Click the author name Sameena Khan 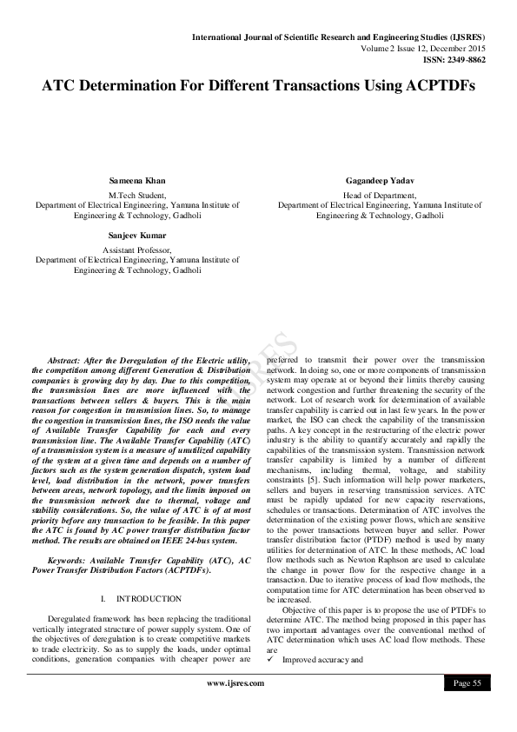click(x=131, y=181)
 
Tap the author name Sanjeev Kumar click(x=131, y=235)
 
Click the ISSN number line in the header click(x=455, y=59)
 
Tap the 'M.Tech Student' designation click(x=131, y=195)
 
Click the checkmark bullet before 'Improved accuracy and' click(x=270, y=660)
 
